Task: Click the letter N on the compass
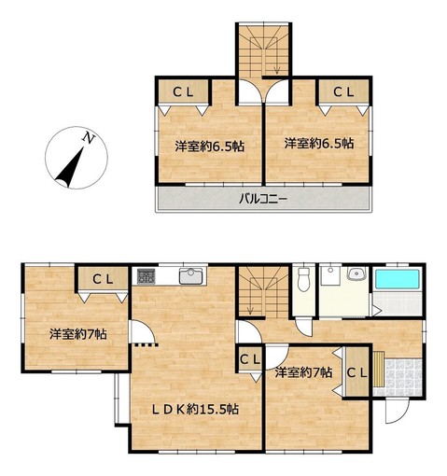point(89,137)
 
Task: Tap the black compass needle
point(71,167)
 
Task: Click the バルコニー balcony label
point(263,198)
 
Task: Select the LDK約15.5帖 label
point(195,409)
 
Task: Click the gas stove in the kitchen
point(146,276)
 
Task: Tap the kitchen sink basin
point(190,276)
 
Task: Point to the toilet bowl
point(303,279)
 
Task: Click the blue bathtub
point(398,279)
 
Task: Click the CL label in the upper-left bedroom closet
point(183,91)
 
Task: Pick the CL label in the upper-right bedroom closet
point(343,91)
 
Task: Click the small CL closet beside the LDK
point(249,360)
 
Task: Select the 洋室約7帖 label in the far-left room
point(77,334)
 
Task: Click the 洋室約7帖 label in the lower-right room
point(303,372)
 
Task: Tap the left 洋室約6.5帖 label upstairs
point(209,146)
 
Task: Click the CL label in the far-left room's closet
point(103,279)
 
